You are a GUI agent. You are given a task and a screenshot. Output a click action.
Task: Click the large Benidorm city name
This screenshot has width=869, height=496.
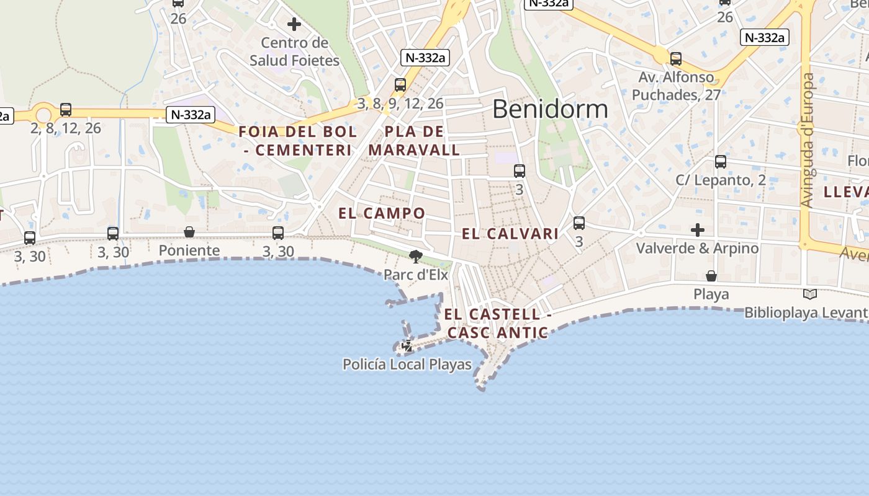(x=550, y=109)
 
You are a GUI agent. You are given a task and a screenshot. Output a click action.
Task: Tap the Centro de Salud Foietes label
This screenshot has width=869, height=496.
(x=294, y=51)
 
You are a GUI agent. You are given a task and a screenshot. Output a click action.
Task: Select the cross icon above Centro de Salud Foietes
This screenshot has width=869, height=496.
(x=294, y=24)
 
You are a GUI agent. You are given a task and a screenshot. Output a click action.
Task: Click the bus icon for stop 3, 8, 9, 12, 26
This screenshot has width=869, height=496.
(x=400, y=85)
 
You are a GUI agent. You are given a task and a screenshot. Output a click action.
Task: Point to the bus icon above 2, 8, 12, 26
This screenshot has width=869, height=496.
(x=66, y=110)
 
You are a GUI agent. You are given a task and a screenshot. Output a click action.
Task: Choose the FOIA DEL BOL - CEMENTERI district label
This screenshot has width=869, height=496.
(x=298, y=141)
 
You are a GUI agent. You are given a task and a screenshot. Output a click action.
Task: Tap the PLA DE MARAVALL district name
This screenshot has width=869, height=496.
(x=414, y=141)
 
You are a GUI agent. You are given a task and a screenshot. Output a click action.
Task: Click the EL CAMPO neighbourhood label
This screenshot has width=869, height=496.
(x=382, y=213)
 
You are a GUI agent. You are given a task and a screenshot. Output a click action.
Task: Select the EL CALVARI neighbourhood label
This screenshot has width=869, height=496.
(x=510, y=234)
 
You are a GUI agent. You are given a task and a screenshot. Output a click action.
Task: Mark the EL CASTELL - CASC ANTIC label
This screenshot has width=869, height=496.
(x=497, y=324)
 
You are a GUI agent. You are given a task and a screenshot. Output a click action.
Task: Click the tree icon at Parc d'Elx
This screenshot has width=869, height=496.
(x=416, y=255)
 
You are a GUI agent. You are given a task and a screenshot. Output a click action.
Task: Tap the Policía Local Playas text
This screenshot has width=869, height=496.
(x=407, y=365)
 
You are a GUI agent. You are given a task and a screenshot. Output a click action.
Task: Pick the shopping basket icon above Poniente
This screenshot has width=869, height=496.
(x=189, y=232)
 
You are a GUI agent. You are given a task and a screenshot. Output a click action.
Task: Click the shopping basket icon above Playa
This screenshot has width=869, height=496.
(x=711, y=275)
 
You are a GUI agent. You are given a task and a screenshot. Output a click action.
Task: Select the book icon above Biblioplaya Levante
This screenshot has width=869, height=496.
(x=809, y=294)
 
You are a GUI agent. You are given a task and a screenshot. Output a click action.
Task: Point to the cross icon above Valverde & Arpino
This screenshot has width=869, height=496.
(x=698, y=230)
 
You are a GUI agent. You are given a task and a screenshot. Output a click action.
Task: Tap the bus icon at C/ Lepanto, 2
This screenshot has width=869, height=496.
(x=720, y=162)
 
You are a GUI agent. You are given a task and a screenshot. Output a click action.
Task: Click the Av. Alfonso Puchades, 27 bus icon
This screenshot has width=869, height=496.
(x=675, y=59)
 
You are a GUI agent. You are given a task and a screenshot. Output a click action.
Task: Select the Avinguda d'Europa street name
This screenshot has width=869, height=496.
(x=807, y=140)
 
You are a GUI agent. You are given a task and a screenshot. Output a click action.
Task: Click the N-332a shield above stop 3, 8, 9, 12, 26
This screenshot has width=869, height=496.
(x=425, y=58)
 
